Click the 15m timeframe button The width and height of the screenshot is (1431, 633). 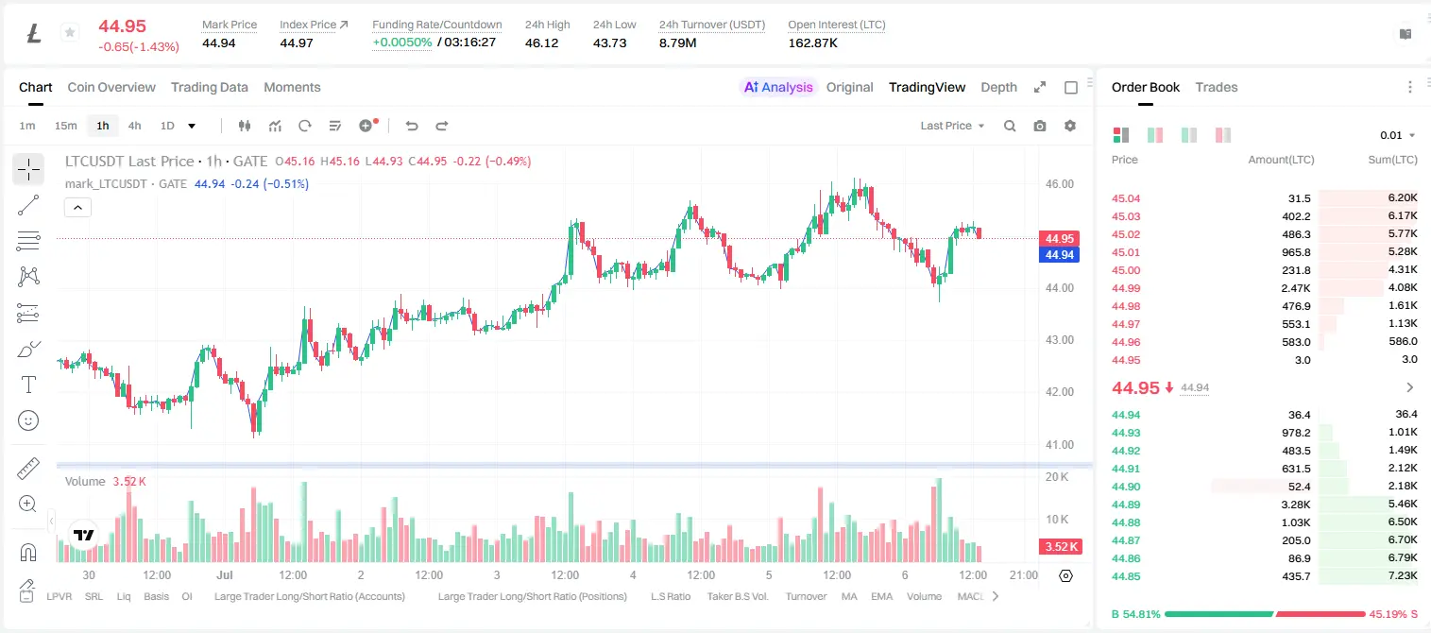point(65,126)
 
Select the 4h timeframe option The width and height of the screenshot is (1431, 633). point(134,126)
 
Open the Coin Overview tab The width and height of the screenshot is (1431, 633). point(111,87)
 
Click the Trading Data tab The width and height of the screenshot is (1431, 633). point(209,87)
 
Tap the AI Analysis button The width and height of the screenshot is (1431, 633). point(778,87)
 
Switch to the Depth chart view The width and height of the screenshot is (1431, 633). point(998,87)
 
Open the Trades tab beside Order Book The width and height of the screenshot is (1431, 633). point(1217,87)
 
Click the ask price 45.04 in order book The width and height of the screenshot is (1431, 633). point(1126,198)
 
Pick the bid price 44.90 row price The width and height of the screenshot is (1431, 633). point(1126,487)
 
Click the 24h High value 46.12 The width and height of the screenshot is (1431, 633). point(542,43)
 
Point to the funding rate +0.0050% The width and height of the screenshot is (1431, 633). point(402,43)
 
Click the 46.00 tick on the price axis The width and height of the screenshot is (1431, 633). point(1060,184)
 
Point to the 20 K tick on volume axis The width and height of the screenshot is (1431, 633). point(1057,477)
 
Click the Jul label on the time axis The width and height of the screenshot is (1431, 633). point(224,574)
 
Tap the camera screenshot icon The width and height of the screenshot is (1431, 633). point(1040,126)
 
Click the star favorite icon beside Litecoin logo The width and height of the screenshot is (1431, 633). point(70,32)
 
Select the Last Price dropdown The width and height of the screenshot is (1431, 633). point(952,126)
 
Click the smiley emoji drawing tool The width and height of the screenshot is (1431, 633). point(28,420)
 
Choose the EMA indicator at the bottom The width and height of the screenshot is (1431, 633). point(881,596)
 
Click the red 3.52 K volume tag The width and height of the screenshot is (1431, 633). point(1061,547)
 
